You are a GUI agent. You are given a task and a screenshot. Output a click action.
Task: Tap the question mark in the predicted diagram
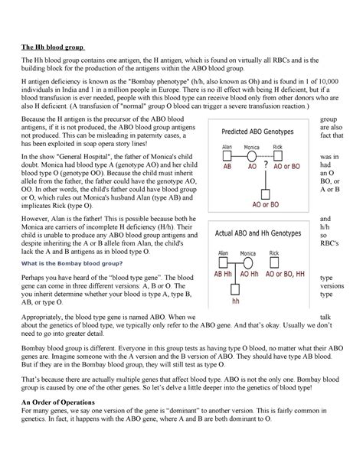pos(266,164)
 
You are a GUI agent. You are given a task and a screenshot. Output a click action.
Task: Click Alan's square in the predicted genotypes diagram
pos(227,155)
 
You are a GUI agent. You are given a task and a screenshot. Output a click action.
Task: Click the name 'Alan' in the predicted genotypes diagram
pos(227,146)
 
